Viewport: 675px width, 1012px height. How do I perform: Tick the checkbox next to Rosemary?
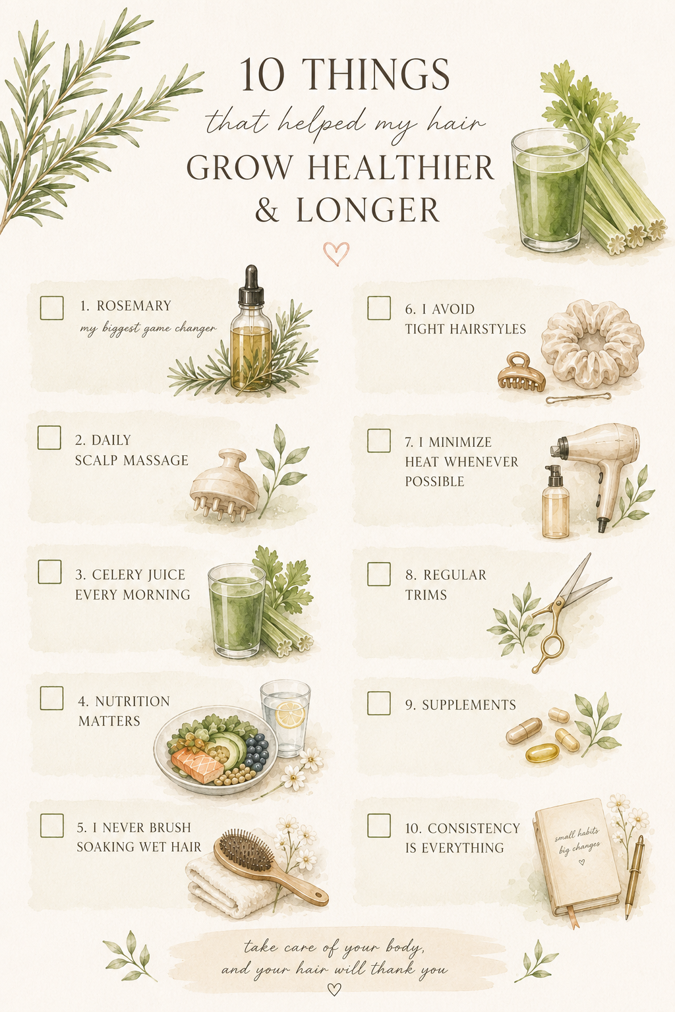(51, 308)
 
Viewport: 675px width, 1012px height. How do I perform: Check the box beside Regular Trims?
(379, 574)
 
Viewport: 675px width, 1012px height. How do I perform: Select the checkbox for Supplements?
(379, 704)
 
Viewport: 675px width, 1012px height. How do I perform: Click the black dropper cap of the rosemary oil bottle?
(252, 285)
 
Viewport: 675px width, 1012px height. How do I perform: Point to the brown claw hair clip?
(521, 372)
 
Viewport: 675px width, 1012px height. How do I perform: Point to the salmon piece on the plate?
(197, 764)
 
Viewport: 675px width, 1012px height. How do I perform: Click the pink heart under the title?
(336, 254)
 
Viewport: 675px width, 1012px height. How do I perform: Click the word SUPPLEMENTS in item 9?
(469, 705)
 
